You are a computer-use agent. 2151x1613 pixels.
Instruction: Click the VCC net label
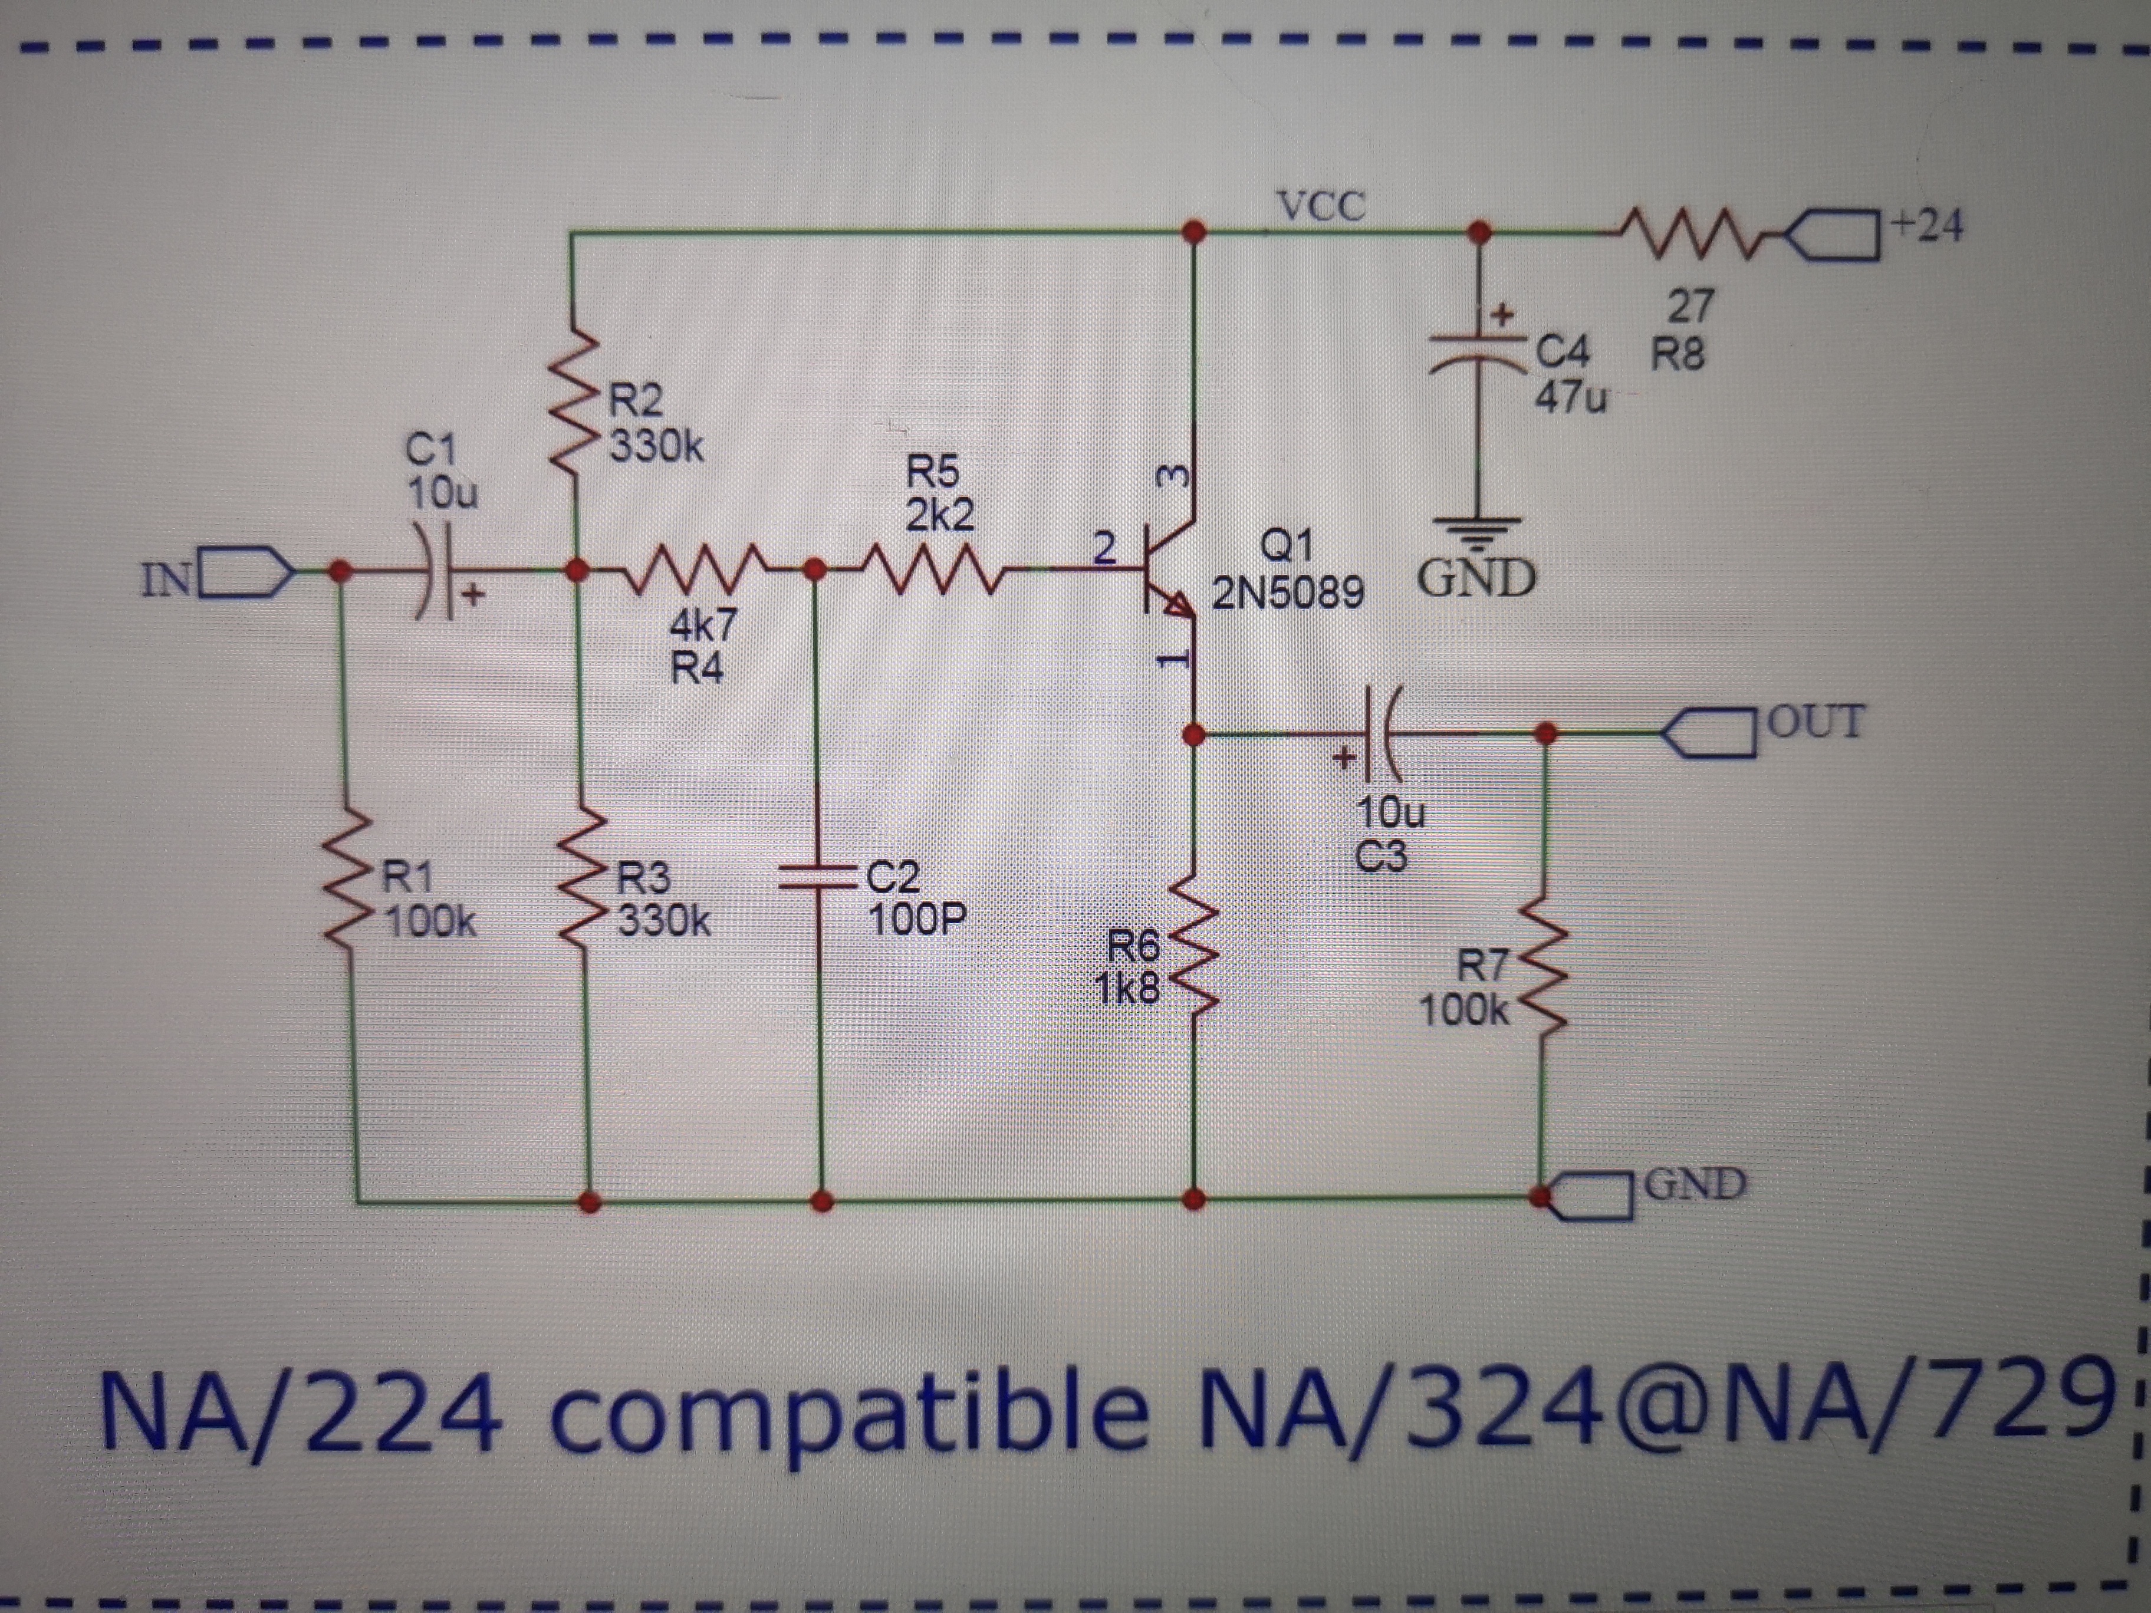pyautogui.click(x=1321, y=206)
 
